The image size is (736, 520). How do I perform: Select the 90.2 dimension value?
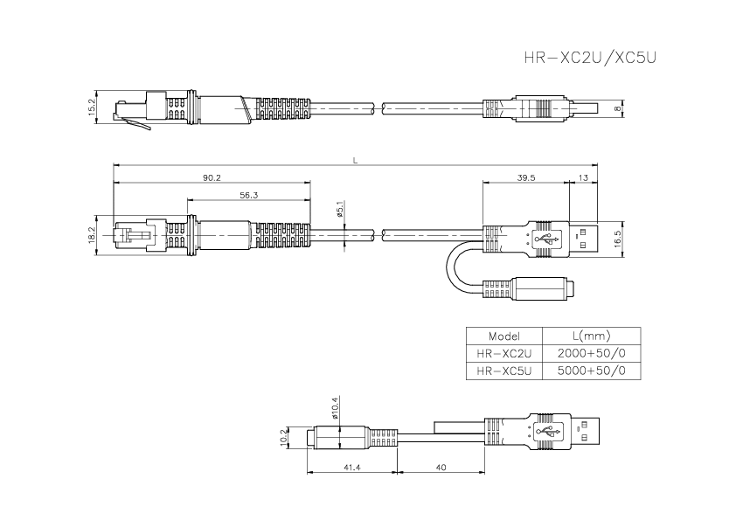click(x=212, y=177)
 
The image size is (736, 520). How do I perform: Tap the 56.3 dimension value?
click(x=248, y=196)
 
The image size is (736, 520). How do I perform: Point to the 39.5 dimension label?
click(x=526, y=177)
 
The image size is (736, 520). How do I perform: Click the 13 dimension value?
click(x=583, y=177)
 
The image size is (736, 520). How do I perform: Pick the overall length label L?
click(x=354, y=160)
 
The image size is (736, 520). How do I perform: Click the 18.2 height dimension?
click(x=93, y=236)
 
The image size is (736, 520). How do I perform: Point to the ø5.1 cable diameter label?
click(x=340, y=211)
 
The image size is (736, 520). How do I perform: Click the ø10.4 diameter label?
click(x=334, y=406)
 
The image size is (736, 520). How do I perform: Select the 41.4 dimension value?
click(x=353, y=468)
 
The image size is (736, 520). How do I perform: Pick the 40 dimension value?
click(x=440, y=468)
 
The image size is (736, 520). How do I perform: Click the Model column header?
click(x=504, y=336)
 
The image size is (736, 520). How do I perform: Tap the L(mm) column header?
click(x=591, y=336)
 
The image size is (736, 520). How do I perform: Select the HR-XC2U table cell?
click(x=504, y=353)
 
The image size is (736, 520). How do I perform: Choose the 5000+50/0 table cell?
click(x=591, y=371)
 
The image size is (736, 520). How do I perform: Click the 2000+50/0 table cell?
click(x=591, y=353)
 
